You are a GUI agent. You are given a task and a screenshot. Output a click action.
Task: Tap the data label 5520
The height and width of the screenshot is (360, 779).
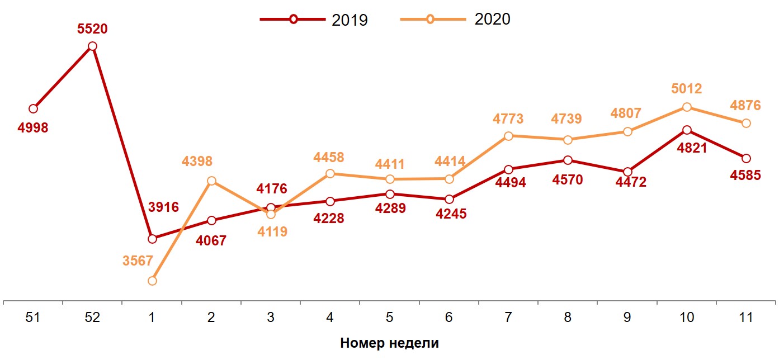92,29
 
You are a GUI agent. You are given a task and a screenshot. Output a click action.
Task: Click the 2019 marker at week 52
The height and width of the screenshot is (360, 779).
92,46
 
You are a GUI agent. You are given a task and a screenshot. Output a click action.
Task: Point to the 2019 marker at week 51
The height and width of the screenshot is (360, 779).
33,108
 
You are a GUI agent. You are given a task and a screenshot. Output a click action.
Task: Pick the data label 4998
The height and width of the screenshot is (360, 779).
33,127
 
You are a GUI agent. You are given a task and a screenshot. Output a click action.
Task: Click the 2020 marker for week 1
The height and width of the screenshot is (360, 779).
152,281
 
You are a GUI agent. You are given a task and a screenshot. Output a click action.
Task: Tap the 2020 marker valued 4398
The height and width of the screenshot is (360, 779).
211,181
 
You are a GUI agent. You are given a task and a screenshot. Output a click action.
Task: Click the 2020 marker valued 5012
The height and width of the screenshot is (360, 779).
687,107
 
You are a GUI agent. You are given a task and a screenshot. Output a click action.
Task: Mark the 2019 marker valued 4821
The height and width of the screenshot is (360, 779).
687,130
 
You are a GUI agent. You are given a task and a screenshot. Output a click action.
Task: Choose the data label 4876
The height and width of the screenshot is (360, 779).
745,105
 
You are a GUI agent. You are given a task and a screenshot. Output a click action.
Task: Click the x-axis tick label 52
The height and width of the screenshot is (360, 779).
92,318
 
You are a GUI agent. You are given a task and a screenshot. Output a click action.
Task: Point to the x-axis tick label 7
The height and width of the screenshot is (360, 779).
508,318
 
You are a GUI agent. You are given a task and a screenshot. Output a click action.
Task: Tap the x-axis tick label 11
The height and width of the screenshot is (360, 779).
745,318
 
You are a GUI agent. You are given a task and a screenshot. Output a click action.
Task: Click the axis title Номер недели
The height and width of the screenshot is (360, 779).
389,343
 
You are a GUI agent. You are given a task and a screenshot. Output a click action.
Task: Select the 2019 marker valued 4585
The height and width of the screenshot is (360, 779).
746,158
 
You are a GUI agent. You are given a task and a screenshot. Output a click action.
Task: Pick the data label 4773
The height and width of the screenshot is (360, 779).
508,119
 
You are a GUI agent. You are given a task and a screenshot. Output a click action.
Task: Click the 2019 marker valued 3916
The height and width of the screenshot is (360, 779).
152,239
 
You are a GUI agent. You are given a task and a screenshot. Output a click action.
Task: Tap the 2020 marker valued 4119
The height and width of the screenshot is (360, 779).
271,214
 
